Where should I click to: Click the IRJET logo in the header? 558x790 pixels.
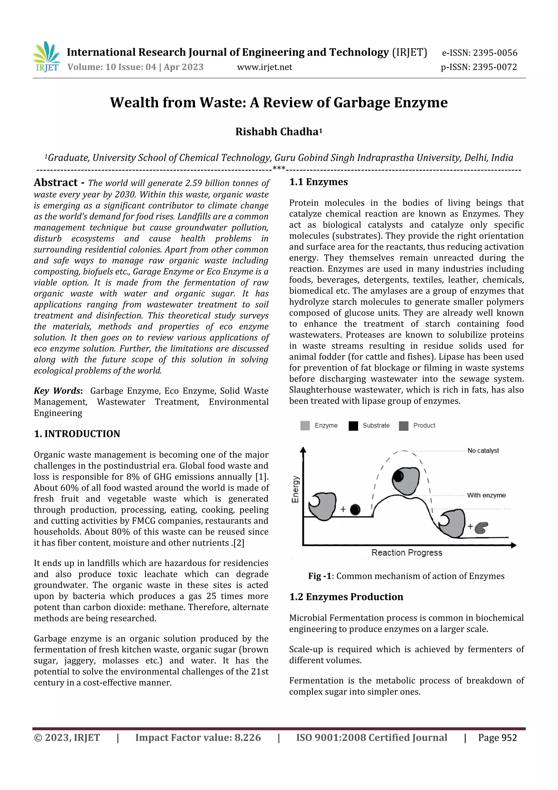(46, 56)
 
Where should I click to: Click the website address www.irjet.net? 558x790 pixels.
(264, 67)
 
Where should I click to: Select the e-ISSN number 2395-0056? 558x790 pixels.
(495, 53)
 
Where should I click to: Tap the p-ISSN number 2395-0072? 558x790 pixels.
(495, 67)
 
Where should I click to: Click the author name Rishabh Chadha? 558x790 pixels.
(277, 132)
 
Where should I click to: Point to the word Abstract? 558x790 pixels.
(56, 182)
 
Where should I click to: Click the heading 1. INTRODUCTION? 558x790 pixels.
(77, 434)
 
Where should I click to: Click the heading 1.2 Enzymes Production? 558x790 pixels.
(346, 597)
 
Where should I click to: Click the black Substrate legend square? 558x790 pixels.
(353, 426)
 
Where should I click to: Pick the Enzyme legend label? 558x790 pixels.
(326, 426)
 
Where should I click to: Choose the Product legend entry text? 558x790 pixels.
(424, 426)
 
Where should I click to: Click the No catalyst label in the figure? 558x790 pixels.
(483, 451)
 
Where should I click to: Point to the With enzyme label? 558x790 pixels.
(486, 495)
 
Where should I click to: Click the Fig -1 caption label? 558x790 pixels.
(319, 576)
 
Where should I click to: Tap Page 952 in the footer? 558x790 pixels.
(497, 738)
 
